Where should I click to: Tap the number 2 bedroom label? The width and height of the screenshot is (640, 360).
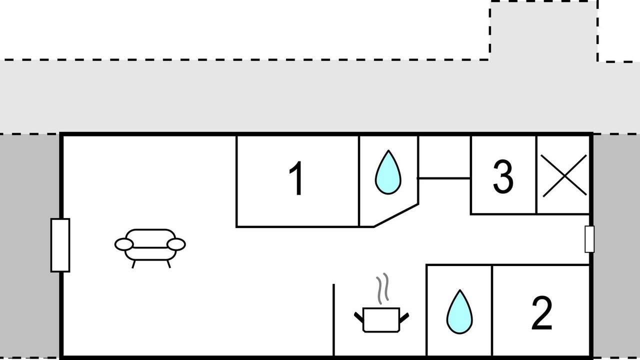pyautogui.click(x=541, y=313)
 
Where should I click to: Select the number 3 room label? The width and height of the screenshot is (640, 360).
pyautogui.click(x=503, y=176)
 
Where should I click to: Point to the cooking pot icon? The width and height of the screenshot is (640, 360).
pyautogui.click(x=381, y=320)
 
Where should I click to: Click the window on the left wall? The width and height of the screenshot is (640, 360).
pyautogui.click(x=60, y=245)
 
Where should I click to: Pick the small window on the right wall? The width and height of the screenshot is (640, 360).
pyautogui.click(x=589, y=239)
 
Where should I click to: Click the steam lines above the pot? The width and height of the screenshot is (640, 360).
pyautogui.click(x=382, y=289)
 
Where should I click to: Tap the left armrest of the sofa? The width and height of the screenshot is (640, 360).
pyautogui.click(x=124, y=244)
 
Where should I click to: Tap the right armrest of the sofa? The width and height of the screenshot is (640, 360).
pyautogui.click(x=176, y=244)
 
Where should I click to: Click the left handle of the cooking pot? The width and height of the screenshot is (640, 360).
pyautogui.click(x=358, y=316)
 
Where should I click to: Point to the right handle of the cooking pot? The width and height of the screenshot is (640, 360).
pyautogui.click(x=404, y=316)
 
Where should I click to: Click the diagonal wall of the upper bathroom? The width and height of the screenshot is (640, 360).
pyautogui.click(x=395, y=215)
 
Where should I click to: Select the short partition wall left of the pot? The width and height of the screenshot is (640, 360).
pyautogui.click(x=333, y=320)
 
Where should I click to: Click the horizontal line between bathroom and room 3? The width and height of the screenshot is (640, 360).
pyautogui.click(x=444, y=178)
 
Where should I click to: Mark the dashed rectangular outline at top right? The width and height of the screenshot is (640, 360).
pyautogui.click(x=543, y=30)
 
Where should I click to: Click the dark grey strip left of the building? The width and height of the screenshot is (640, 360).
pyautogui.click(x=30, y=245)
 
